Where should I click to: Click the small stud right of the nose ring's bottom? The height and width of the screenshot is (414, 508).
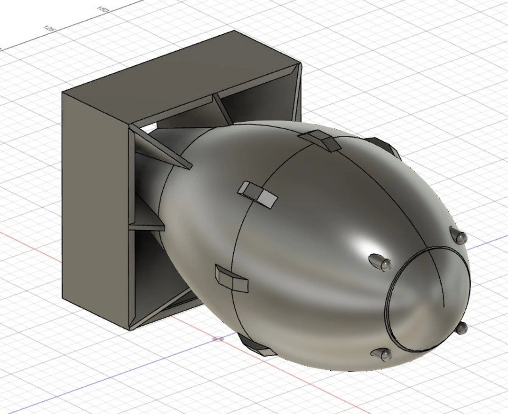(x=461, y=328)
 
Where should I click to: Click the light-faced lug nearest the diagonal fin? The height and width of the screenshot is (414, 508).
(x=257, y=194)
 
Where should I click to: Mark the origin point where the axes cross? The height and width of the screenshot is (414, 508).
(x=218, y=338)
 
